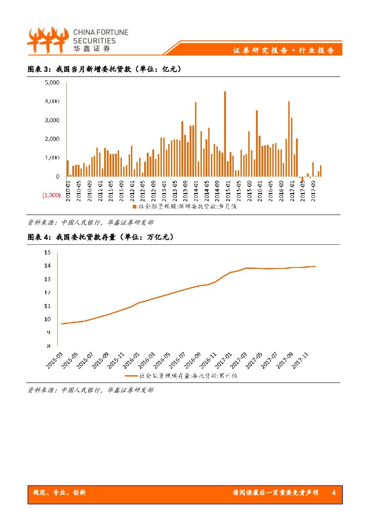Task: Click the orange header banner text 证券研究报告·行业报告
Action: tap(284, 50)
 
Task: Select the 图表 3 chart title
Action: tap(105, 69)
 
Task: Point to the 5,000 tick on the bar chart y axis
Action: tap(52, 83)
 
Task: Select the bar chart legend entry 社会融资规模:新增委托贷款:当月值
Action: tap(184, 207)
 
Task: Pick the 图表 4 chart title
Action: tap(100, 237)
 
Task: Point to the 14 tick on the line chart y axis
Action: tap(47, 265)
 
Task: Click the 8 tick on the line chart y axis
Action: tap(49, 346)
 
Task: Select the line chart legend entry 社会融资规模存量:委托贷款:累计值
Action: tap(181, 376)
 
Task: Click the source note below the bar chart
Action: tap(90, 223)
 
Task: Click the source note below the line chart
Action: tap(90, 390)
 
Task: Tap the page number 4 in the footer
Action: tap(334, 493)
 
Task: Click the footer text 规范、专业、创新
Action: tap(60, 493)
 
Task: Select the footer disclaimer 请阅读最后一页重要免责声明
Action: tap(275, 493)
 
